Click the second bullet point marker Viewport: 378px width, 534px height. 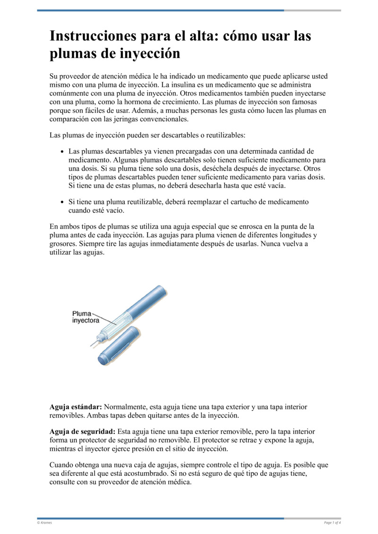tap(63, 202)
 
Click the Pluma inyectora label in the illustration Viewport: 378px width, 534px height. tap(86, 317)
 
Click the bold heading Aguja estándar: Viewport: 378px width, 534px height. tap(76, 407)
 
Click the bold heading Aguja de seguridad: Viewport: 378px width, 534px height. tap(82, 432)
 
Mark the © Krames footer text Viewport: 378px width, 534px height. tap(45, 523)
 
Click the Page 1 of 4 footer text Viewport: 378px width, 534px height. tap(332, 523)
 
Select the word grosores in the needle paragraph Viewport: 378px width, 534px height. tap(64, 244)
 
